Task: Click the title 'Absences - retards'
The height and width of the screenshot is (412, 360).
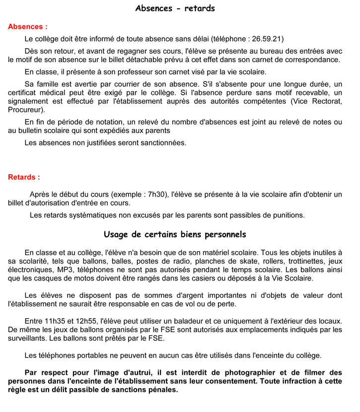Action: point(175,8)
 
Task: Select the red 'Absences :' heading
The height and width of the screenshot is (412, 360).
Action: point(28,27)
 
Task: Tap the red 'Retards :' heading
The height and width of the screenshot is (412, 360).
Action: point(24,177)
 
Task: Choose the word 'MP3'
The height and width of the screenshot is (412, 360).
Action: point(65,270)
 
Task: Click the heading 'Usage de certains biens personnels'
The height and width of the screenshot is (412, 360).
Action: point(175,234)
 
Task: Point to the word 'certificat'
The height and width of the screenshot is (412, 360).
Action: point(24,93)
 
